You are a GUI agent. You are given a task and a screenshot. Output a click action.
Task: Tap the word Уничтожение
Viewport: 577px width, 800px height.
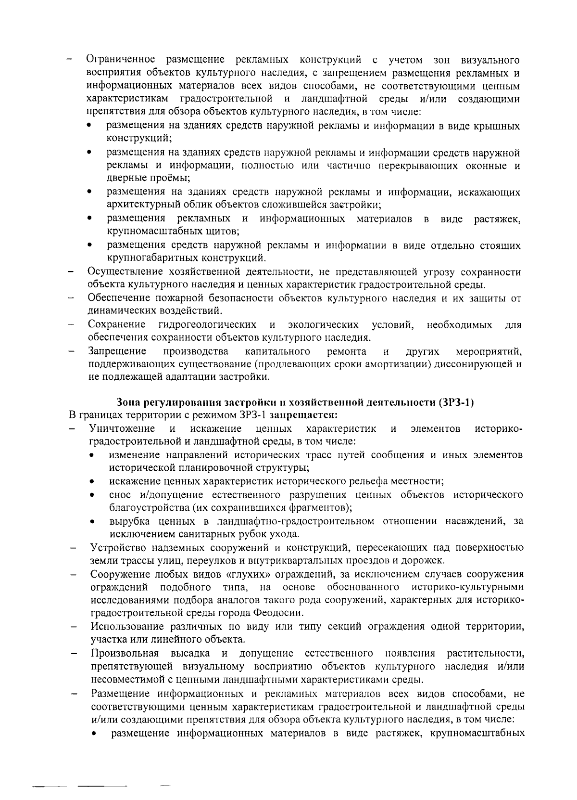click(x=122, y=428)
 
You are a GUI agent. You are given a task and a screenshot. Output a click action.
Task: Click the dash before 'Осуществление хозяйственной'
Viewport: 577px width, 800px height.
click(x=71, y=272)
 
